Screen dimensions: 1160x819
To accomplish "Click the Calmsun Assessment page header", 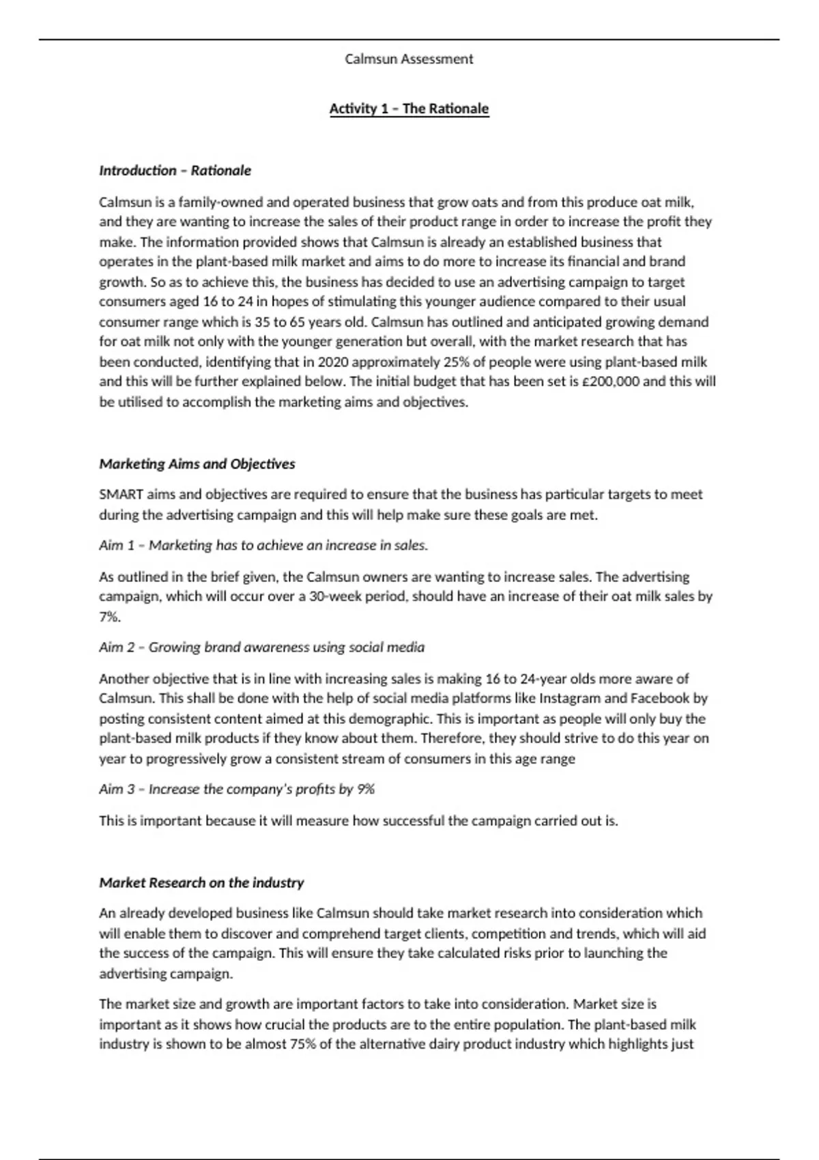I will (409, 59).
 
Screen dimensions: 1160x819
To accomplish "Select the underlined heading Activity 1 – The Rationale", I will (409, 108).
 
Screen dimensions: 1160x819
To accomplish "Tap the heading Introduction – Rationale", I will (175, 171).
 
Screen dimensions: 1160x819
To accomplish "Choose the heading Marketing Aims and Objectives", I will (197, 464).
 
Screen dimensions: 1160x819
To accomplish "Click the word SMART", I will (121, 494).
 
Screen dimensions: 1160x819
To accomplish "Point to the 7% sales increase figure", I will (109, 617).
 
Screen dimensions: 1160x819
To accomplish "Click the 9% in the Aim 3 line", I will (366, 789).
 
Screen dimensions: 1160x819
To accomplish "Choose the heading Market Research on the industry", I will (201, 883).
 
